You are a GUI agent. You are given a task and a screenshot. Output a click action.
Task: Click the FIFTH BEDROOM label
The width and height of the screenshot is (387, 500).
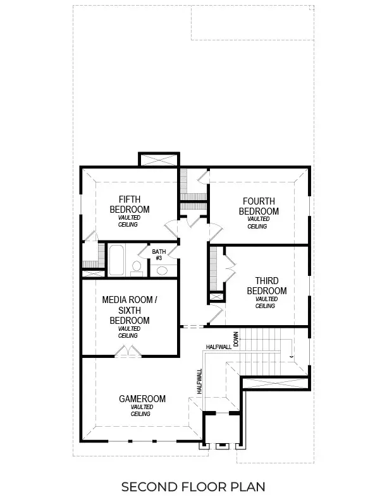[x=130, y=205]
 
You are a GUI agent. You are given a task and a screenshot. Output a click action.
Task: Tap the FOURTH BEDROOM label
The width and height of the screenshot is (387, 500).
[x=259, y=206]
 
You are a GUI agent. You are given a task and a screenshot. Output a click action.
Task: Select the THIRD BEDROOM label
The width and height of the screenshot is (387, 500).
[x=266, y=285]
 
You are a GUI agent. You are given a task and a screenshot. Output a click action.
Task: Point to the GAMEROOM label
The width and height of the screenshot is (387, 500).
[x=142, y=399]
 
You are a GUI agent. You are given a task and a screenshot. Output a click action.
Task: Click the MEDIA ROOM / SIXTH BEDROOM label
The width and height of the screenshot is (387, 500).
[x=129, y=310]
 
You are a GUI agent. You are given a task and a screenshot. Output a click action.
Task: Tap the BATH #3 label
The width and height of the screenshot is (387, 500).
[x=159, y=254]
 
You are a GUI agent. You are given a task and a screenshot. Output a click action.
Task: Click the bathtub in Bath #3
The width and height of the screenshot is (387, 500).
[x=116, y=261]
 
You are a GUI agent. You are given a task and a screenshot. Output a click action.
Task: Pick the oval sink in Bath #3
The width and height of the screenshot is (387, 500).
[x=162, y=271]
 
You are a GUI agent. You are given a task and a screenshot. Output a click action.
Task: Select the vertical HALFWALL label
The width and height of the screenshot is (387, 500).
[x=199, y=381]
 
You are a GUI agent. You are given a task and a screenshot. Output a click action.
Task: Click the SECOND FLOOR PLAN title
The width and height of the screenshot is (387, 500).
[x=193, y=486]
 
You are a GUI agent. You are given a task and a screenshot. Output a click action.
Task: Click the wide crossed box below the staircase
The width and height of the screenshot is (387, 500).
[x=276, y=381]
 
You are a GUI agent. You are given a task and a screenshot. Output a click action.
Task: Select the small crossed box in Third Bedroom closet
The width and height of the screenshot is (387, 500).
[x=216, y=296]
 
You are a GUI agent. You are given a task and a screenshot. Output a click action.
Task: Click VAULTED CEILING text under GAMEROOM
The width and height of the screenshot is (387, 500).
[x=142, y=411]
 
